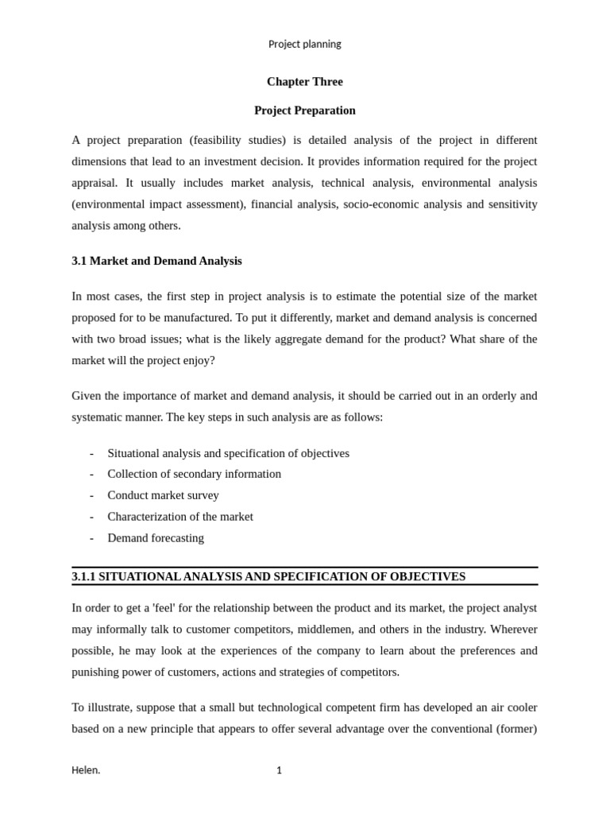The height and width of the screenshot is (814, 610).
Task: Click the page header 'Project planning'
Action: click(x=304, y=45)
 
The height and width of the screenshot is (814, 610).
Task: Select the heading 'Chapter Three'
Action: click(x=304, y=82)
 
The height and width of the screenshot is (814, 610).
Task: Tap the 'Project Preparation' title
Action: click(x=304, y=110)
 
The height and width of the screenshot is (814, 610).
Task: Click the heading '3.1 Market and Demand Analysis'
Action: click(x=156, y=261)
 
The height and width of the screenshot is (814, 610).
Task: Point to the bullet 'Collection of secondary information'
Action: click(x=194, y=474)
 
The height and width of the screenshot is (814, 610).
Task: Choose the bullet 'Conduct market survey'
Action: click(x=163, y=495)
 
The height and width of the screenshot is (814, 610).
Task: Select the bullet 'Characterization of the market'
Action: click(x=180, y=517)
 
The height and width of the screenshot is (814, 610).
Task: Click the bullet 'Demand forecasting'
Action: click(x=156, y=538)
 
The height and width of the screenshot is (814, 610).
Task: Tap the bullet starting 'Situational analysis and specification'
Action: click(x=228, y=453)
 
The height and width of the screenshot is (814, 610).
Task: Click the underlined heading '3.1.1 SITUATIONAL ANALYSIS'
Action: click(x=268, y=576)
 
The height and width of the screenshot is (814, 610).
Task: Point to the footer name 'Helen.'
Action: click(x=86, y=770)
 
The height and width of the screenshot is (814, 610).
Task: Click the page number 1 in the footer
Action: click(x=279, y=770)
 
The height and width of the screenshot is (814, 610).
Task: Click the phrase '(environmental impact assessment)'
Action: click(x=157, y=204)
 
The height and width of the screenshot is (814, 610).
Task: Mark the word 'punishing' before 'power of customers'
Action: click(x=96, y=672)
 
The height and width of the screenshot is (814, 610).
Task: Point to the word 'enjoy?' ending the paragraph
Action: click(x=198, y=360)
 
